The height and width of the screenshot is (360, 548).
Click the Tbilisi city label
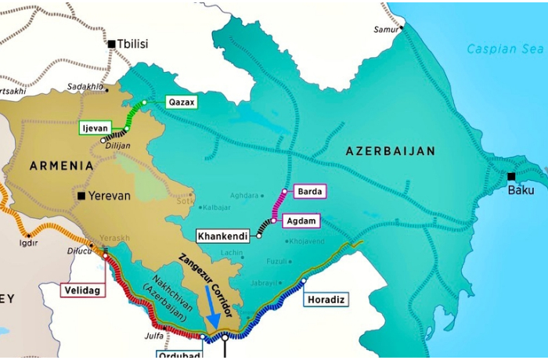[x=132, y=44]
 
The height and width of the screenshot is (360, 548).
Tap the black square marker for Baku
[x=511, y=176]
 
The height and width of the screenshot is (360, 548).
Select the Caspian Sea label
[x=505, y=49]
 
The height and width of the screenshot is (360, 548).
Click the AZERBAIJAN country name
[x=391, y=151]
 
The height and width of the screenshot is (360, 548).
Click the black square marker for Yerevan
[x=81, y=196]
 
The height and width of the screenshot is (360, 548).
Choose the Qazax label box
[x=182, y=102]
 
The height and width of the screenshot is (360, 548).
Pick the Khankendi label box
[x=223, y=236]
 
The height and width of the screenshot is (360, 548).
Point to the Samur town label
[x=386, y=29]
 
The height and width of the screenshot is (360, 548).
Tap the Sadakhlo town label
[x=85, y=86]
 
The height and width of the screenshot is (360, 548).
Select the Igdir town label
[x=28, y=243]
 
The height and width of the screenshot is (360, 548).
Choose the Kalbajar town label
[x=196, y=207]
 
